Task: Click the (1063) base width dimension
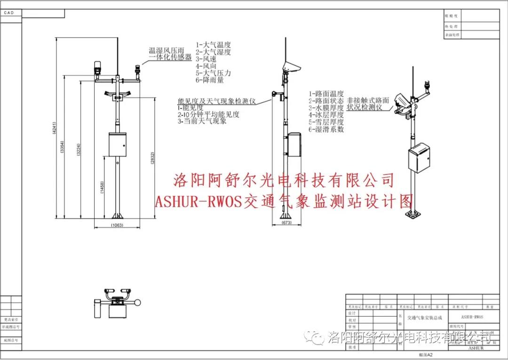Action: pyautogui.click(x=117, y=226)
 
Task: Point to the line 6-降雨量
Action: pyautogui.click(x=210, y=80)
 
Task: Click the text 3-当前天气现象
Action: pyautogui.click(x=202, y=121)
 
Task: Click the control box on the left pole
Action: pyautogui.click(x=117, y=144)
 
